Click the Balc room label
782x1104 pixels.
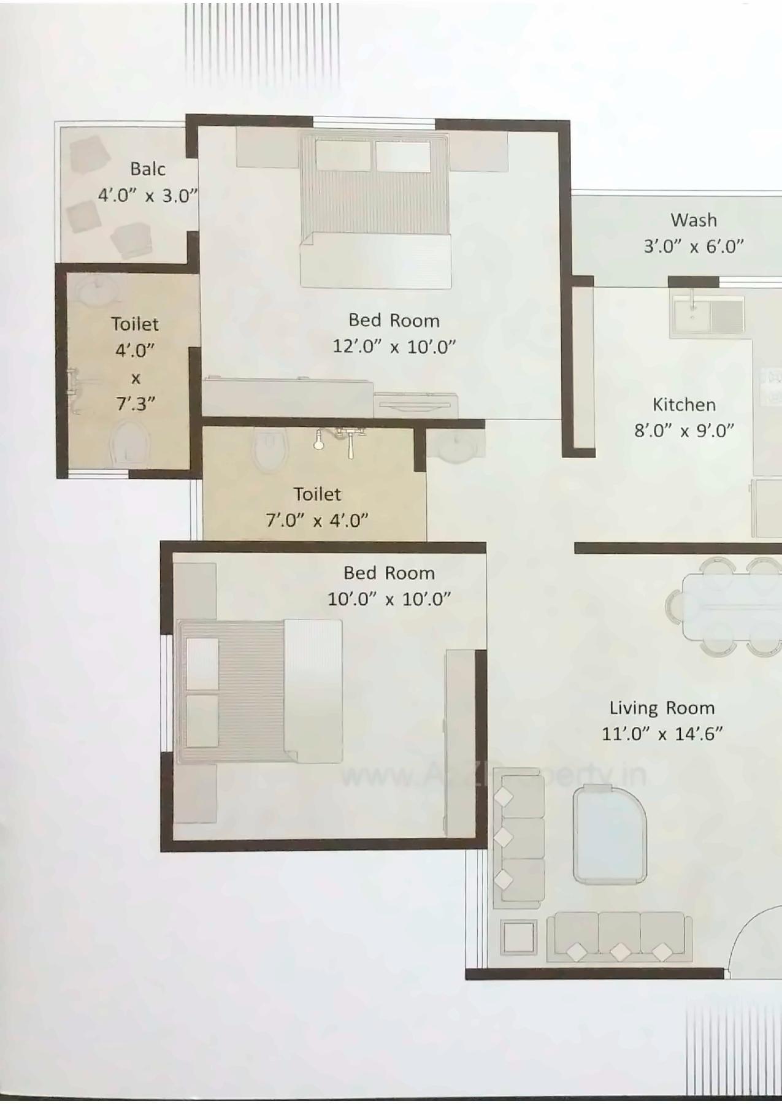[148, 169]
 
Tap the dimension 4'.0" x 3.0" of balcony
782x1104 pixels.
[148, 196]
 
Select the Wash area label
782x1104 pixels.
[693, 220]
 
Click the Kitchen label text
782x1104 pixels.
[684, 405]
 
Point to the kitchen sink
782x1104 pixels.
[692, 316]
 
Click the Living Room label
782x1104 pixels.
[662, 708]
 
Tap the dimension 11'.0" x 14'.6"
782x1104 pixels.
[662, 734]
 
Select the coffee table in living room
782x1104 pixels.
[610, 835]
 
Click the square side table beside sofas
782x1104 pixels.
[518, 937]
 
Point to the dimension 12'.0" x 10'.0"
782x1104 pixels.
[394, 347]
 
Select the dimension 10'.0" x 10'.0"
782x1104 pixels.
[389, 599]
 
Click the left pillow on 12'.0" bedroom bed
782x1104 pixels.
[343, 156]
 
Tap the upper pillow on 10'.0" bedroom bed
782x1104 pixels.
[202, 663]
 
